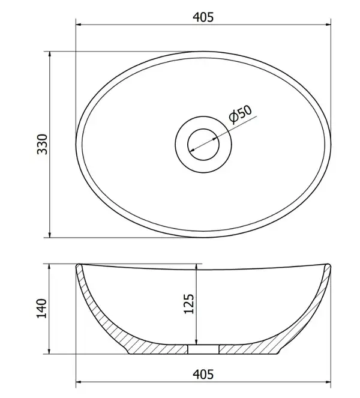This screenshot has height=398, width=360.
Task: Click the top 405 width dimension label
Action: pos(203,17)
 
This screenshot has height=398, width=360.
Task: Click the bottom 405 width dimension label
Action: pos(203,374)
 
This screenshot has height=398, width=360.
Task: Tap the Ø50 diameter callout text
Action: pos(240,114)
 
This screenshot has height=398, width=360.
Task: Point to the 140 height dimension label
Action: pos(42,309)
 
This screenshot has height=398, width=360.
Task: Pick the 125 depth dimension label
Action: pos(188,304)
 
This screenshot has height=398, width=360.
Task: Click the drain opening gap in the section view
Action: pos(203,349)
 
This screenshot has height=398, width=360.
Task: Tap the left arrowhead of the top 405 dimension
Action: pos(79,25)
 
